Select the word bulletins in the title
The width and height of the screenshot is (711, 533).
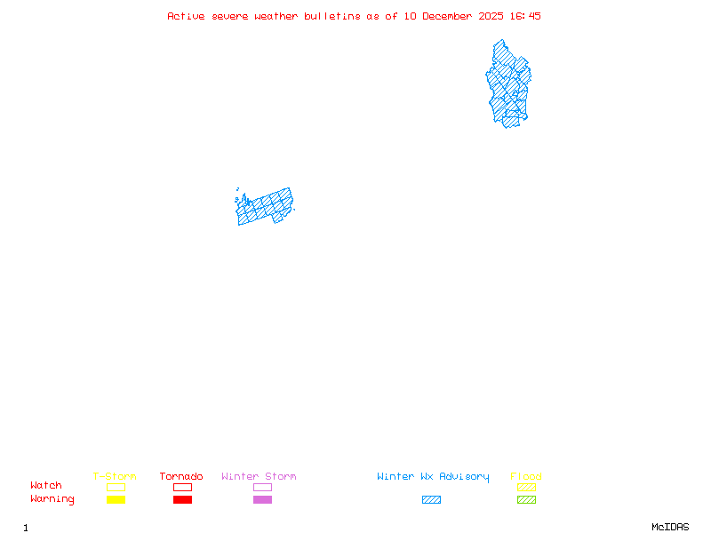click(x=332, y=16)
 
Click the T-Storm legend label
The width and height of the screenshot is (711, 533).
click(x=115, y=477)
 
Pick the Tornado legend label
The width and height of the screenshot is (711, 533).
click(x=181, y=477)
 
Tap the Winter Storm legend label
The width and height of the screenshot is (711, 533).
click(x=259, y=477)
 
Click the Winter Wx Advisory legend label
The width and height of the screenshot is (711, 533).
click(x=433, y=477)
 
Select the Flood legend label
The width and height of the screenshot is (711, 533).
click(x=526, y=477)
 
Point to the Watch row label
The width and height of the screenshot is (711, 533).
click(x=46, y=486)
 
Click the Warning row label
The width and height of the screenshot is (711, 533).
click(x=52, y=499)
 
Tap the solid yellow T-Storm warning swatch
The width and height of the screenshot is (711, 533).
click(x=116, y=500)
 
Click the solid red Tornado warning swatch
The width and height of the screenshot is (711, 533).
click(x=182, y=500)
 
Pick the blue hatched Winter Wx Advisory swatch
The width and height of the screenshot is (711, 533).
click(x=431, y=500)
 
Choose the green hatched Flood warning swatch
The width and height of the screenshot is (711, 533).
click(x=526, y=500)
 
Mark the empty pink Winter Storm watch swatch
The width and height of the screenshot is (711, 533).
click(x=262, y=487)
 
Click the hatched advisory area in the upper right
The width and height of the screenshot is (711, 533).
click(x=507, y=84)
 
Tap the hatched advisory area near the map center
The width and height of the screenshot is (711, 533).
click(x=264, y=207)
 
